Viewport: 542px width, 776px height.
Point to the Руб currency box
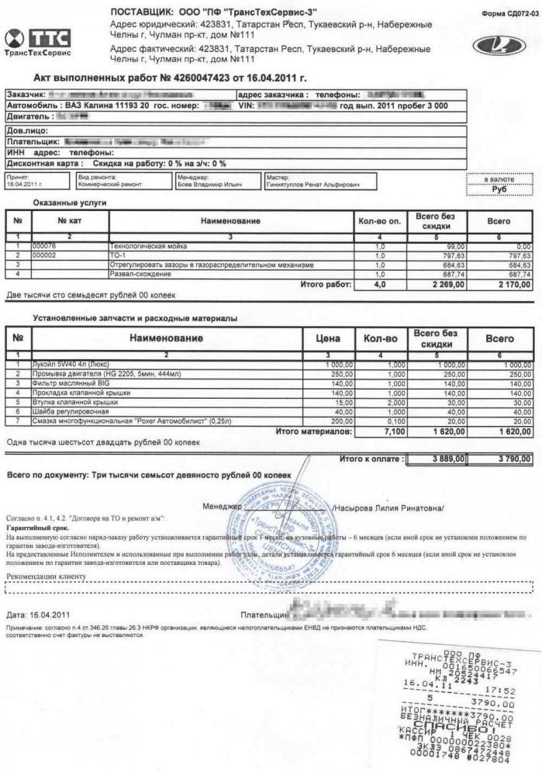pyautogui.click(x=499, y=188)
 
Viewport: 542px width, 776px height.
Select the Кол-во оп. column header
pyautogui.click(x=379, y=221)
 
